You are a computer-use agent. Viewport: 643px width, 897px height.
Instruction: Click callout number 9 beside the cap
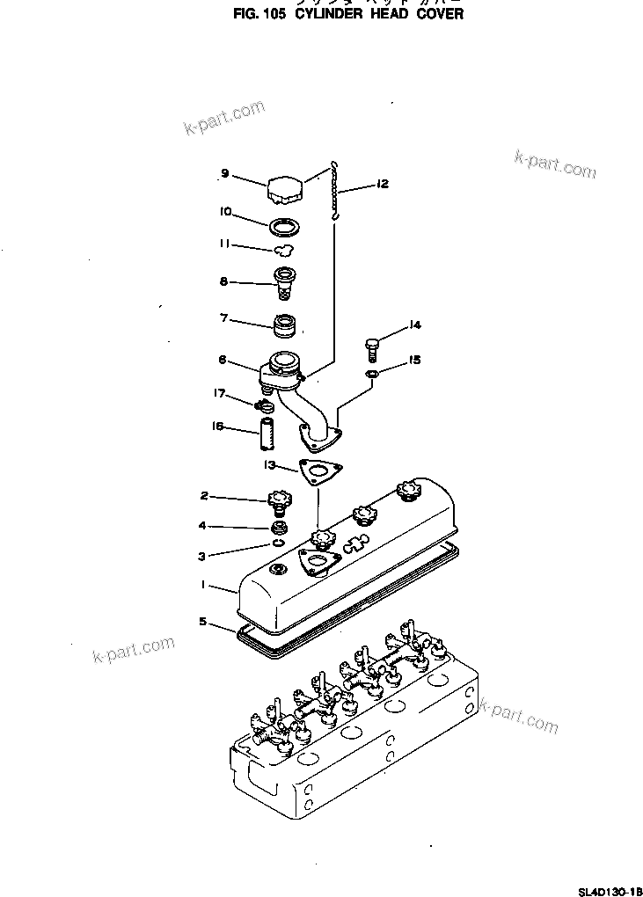[x=225, y=174]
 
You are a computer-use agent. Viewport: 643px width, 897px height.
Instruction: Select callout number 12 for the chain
[x=381, y=185]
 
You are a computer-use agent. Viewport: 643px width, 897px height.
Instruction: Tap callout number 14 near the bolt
[x=414, y=325]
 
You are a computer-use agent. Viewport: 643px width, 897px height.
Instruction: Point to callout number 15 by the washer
[x=414, y=360]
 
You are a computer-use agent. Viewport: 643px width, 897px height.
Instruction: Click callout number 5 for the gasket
[x=202, y=622]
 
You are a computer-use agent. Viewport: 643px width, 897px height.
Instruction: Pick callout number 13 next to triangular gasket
[x=268, y=463]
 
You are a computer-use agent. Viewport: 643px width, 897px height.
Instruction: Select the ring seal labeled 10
[x=284, y=227]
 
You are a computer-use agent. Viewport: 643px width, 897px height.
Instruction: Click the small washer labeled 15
[x=372, y=376]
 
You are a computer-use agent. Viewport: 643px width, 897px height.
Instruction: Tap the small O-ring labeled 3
[x=278, y=543]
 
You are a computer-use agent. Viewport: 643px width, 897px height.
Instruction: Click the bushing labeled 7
[x=285, y=326]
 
